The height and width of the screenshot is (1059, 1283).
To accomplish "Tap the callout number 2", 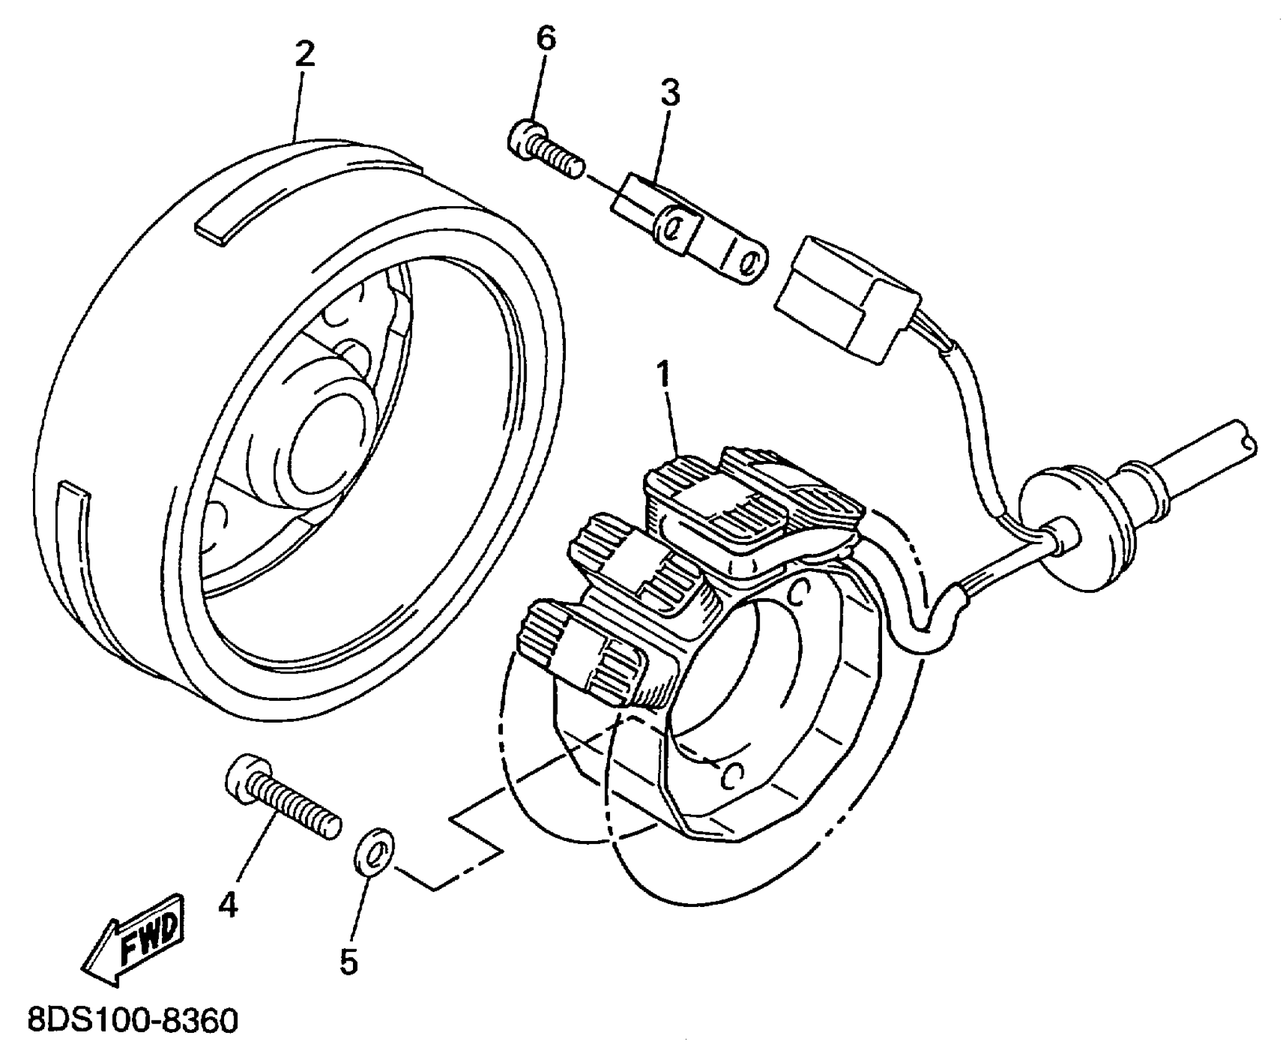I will (x=304, y=55).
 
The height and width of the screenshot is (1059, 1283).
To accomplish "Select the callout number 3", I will (x=670, y=93).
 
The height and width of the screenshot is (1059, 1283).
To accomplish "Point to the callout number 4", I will (x=228, y=905).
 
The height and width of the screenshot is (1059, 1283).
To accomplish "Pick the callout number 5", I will (x=349, y=961).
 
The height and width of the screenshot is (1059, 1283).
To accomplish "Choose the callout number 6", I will (x=545, y=39).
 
